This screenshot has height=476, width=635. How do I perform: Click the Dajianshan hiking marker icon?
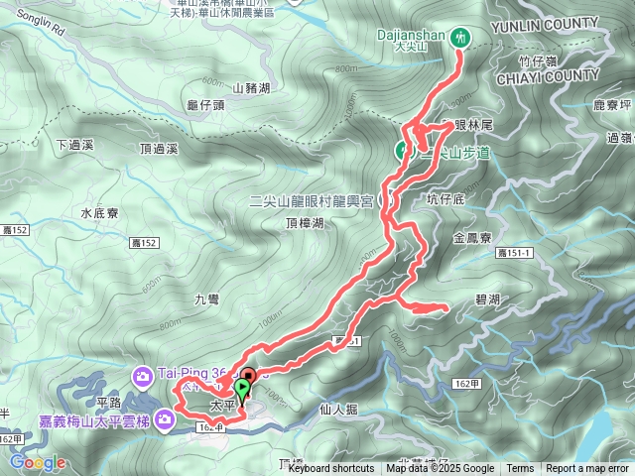coord(459,38)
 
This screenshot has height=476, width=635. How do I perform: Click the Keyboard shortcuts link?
coord(331,469)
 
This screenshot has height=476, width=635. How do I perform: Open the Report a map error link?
coord(587,469)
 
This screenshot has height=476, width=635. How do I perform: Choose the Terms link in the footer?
coord(520,469)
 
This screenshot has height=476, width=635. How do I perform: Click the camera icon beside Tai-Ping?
coord(143,375)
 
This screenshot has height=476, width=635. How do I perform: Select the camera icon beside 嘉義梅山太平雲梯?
coord(165,421)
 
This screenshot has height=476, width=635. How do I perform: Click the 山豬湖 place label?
coord(251,88)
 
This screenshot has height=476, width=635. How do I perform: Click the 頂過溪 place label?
coord(159,149)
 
